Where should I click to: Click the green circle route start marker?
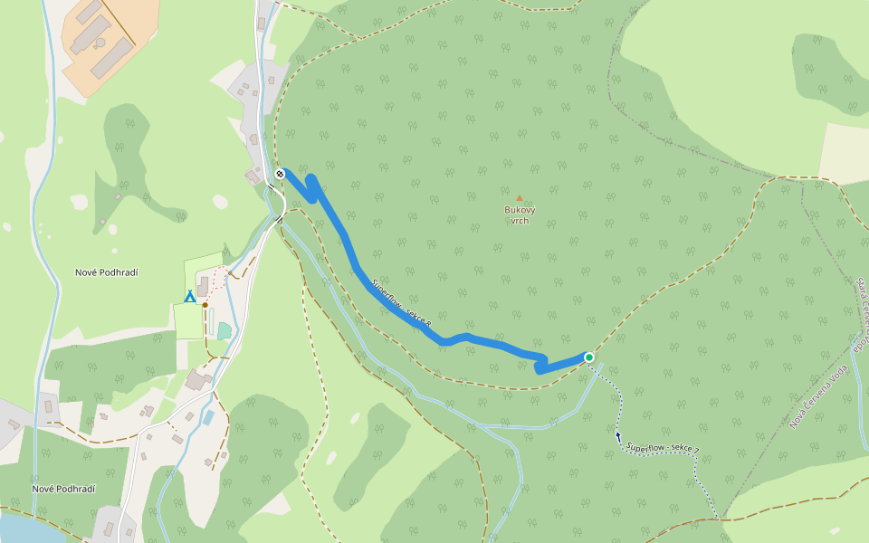tap(589, 357)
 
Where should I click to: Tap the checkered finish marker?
tap(280, 174)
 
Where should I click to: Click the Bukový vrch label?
tap(520, 214)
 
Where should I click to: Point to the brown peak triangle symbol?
tap(520, 197)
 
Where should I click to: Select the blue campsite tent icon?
tap(190, 296)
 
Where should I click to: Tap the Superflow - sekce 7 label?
tap(662, 449)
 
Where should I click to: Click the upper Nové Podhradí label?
tap(112, 272)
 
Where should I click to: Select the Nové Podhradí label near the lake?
tap(63, 489)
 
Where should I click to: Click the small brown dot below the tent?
tap(205, 305)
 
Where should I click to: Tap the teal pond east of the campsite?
tap(224, 330)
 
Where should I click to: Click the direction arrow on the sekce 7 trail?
tap(618, 435)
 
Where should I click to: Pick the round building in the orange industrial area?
tap(100, 43)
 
